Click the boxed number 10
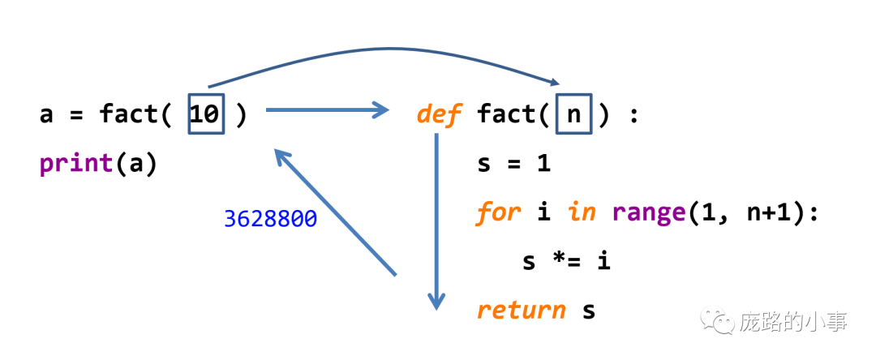pos(205,114)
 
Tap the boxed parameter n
pos(573,114)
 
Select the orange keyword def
pos(438,114)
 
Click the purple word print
pos(76,163)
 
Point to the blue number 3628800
pos(270,219)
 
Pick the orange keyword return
pos(522,310)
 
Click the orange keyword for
pos(498,212)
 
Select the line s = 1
pos(514,163)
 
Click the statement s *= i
pos(566,261)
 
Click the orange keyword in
pos(582,212)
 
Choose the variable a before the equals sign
pos(46,114)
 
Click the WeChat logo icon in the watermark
pos(719,322)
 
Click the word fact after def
pos(507,114)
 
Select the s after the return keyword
pos(589,310)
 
